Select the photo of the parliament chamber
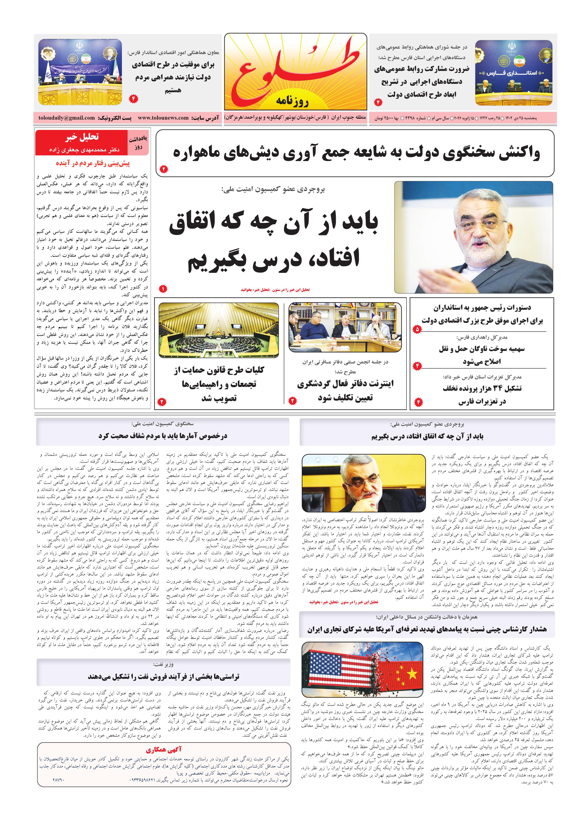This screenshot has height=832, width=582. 219,331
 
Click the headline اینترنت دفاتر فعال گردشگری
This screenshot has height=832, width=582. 345,384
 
